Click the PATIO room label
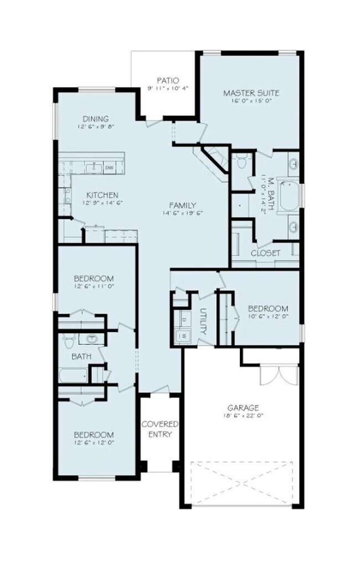[x=168, y=80]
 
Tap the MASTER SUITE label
[x=251, y=93]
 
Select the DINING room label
[x=96, y=119]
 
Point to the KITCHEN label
[x=102, y=195]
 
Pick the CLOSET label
[x=266, y=253]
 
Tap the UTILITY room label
[x=203, y=321]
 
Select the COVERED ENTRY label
[x=160, y=429]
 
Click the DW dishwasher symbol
[x=109, y=167]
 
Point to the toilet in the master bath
[x=241, y=163]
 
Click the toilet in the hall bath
[x=69, y=338]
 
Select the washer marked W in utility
[x=183, y=335]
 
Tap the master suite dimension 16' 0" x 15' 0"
[x=251, y=100]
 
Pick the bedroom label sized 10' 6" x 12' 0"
[x=268, y=308]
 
